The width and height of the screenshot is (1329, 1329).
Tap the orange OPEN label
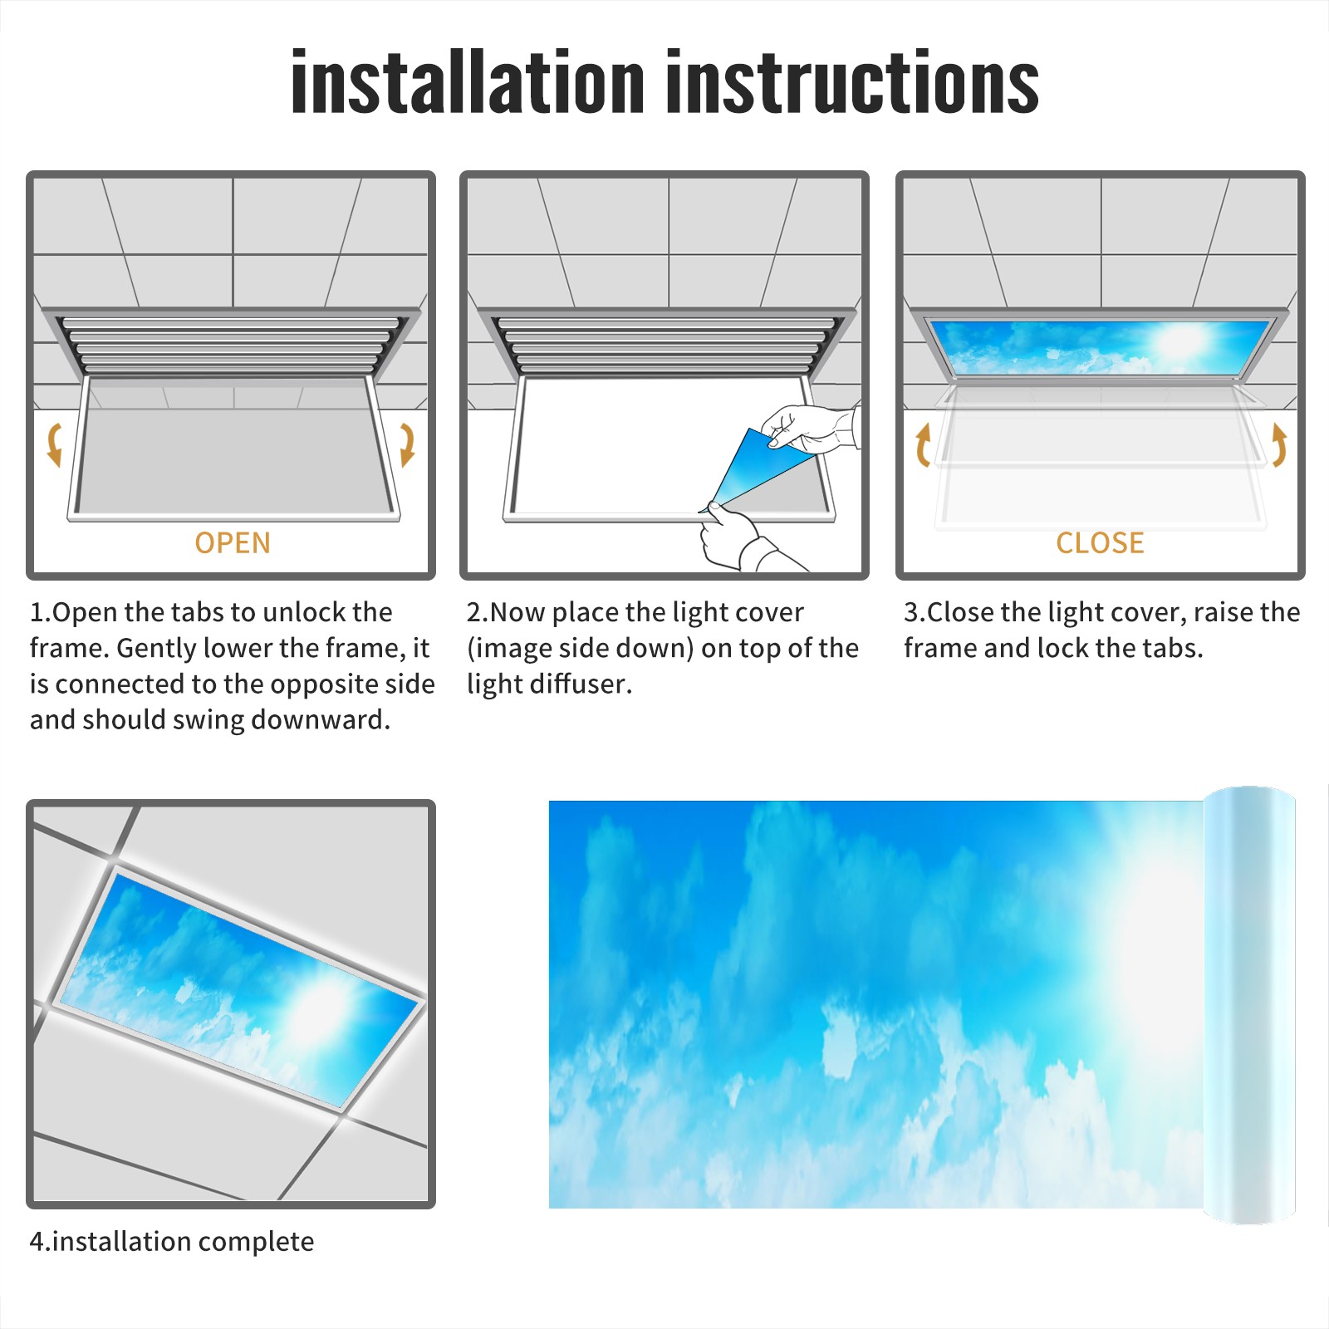233,543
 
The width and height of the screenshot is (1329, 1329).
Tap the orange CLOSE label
1100,543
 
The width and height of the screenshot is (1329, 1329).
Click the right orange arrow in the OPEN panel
407,444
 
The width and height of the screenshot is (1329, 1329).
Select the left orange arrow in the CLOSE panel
923,444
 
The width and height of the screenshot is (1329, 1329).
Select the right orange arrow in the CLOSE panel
1279,444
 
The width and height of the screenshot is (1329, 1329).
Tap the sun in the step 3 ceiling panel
1179,341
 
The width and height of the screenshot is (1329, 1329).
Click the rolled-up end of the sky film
1249,1005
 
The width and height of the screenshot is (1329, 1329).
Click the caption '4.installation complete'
172,1242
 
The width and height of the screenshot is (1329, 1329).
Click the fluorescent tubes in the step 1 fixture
231,345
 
